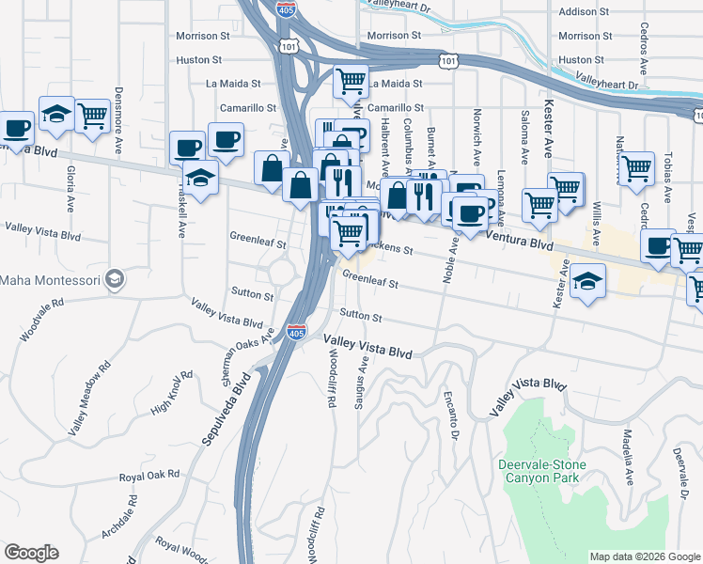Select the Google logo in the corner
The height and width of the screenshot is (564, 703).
pyautogui.click(x=31, y=554)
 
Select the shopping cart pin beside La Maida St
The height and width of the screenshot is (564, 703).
pyautogui.click(x=351, y=81)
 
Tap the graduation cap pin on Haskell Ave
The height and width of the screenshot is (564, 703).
pyautogui.click(x=201, y=176)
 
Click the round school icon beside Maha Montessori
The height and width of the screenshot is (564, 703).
pyautogui.click(x=114, y=278)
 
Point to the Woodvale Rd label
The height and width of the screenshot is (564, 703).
pyautogui.click(x=42, y=319)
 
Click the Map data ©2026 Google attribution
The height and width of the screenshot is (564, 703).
pyautogui.click(x=645, y=556)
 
